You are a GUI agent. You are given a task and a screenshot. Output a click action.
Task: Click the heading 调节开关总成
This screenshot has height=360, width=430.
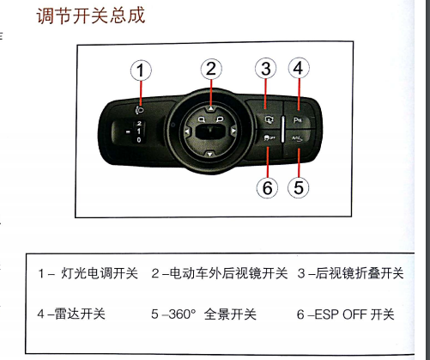tap(91, 15)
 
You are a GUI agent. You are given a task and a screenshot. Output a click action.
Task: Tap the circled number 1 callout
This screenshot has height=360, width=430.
tap(141, 70)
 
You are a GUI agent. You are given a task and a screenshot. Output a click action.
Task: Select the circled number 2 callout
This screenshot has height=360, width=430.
tap(211, 69)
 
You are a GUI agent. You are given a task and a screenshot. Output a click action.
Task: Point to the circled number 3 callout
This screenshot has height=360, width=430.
tap(266, 69)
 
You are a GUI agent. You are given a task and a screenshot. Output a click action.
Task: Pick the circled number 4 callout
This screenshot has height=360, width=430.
tap(299, 68)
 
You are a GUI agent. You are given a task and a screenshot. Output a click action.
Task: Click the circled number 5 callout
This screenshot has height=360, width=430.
tap(299, 188)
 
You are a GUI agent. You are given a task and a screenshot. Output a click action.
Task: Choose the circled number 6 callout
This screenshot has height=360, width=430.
tap(267, 188)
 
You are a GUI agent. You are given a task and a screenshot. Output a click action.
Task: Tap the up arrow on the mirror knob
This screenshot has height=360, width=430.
tap(211, 108)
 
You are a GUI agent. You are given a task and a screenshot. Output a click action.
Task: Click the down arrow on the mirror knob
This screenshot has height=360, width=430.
tap(210, 155)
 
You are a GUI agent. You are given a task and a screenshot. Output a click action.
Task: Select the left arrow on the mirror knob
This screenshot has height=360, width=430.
tap(187, 131)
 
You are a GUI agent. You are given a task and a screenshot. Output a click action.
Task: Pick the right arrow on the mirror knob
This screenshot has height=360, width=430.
tap(233, 131)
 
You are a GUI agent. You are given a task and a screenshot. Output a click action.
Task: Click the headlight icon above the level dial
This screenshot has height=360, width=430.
tap(140, 110)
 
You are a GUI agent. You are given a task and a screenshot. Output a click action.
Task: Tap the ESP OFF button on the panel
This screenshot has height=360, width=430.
tap(269, 138)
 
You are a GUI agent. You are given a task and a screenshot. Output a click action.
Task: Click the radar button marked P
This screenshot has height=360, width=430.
tap(298, 119)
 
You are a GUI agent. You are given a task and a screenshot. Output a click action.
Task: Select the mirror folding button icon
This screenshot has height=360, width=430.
tap(269, 119)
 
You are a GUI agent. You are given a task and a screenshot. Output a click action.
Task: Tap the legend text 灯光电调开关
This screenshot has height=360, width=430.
tap(100, 273)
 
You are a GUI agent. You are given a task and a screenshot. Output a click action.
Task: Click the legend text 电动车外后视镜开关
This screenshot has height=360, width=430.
tap(228, 273)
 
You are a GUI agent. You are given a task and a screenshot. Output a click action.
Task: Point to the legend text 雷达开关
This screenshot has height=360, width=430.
tap(80, 314)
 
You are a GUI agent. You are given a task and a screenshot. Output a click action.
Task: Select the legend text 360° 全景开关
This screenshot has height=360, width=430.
tap(212, 314)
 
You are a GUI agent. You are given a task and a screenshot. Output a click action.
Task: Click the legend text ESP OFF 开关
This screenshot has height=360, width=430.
tap(354, 314)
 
